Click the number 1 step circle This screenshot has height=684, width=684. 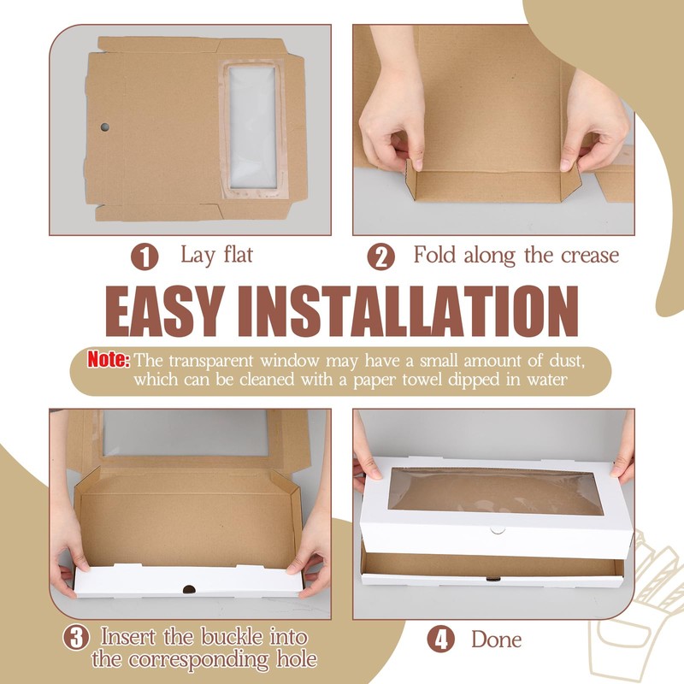point(144,256)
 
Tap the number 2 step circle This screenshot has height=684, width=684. point(381,256)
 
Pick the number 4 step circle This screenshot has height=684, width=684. point(441,639)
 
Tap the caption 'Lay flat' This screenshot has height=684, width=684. point(216,255)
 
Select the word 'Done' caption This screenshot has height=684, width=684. point(496,639)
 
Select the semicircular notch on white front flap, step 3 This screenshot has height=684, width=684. point(188,589)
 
